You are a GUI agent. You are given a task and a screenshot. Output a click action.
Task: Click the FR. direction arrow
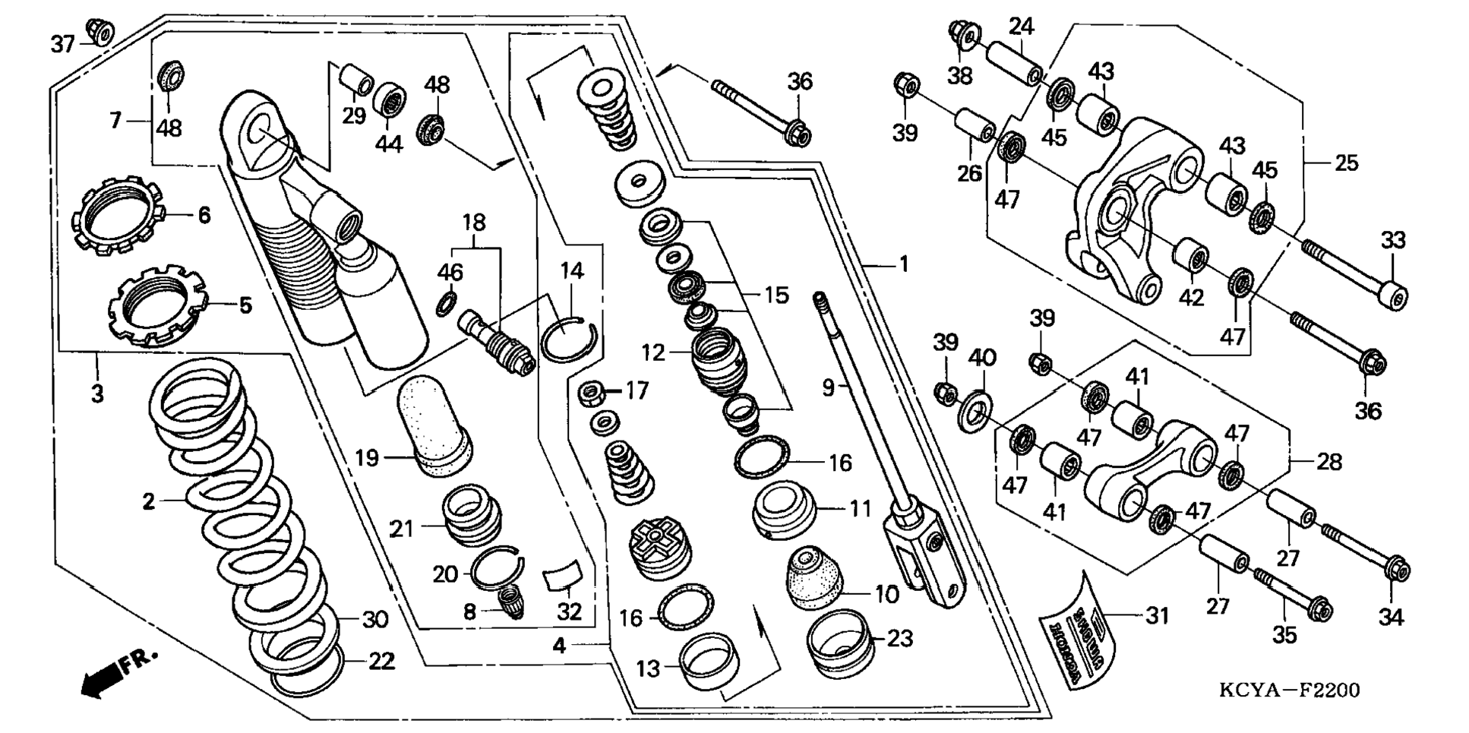[x=118, y=673]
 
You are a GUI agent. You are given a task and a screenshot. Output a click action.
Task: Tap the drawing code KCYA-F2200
[x=1289, y=690]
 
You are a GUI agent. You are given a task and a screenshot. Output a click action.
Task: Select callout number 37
[x=62, y=45]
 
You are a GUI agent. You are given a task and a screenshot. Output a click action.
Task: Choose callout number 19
[x=367, y=458]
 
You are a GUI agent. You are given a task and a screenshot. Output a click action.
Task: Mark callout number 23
[x=899, y=638]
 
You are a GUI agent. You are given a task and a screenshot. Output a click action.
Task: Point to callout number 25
[x=1346, y=163]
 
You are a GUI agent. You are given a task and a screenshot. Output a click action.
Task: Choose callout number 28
[x=1328, y=461]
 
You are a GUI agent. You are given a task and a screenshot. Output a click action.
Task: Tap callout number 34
[x=1391, y=618]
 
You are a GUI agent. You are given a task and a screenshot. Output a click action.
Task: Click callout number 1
[x=903, y=264]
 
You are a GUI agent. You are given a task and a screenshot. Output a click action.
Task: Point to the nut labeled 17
[x=591, y=393]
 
